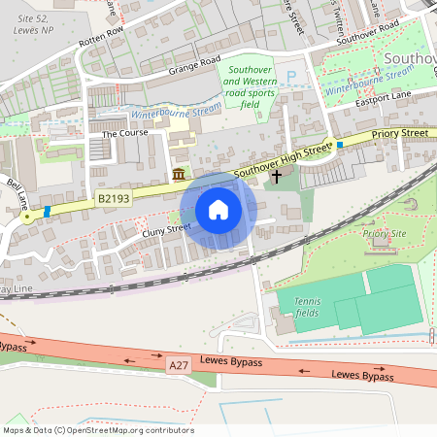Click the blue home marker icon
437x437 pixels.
point(218,210)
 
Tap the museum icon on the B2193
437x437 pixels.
point(179,174)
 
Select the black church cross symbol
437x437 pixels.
point(276,176)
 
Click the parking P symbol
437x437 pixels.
point(290,76)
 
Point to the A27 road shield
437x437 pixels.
point(178,364)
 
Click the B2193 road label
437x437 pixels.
point(115,198)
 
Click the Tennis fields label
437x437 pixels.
point(307,307)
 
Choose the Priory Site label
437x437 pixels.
point(384,234)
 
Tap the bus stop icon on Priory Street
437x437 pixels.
point(340,145)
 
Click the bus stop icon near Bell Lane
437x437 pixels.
point(47,211)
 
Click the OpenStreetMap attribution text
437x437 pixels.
point(97,430)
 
